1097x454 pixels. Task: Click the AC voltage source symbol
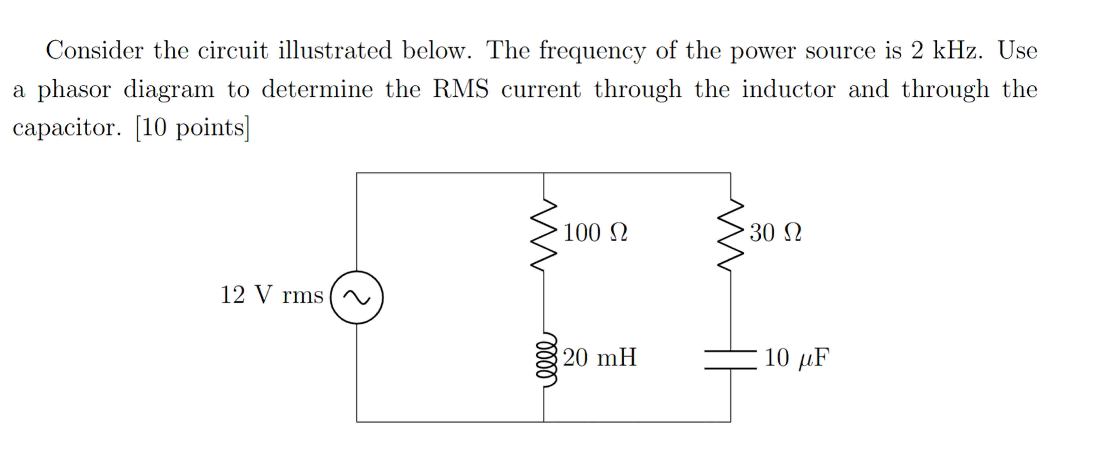(357, 297)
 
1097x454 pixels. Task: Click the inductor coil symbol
(545, 359)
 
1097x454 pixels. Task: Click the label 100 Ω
(595, 233)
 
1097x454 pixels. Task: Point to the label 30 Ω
(775, 233)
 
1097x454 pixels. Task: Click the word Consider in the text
(94, 50)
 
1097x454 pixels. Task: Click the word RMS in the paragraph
(461, 89)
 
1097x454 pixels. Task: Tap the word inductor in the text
(789, 89)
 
